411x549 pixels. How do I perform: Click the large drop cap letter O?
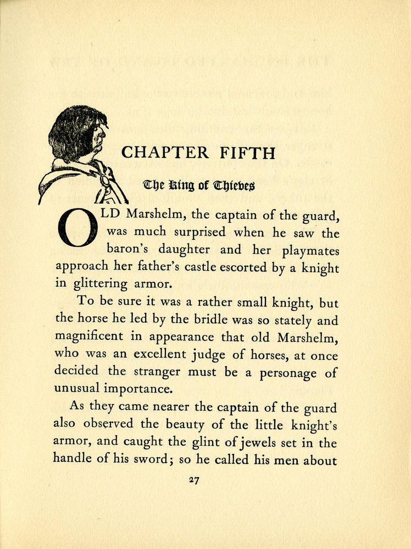tap(77, 228)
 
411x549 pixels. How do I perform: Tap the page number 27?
tap(193, 480)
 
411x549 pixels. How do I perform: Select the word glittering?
tap(98, 284)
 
